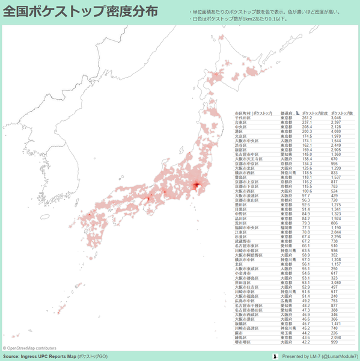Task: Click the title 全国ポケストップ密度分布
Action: pyautogui.click(x=81, y=11)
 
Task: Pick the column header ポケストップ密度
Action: pyautogui.click(x=314, y=113)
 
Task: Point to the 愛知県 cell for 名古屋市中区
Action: pyautogui.click(x=287, y=153)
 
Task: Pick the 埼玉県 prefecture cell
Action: pyautogui.click(x=287, y=332)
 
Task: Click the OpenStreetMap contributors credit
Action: pyautogui.click(x=29, y=348)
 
